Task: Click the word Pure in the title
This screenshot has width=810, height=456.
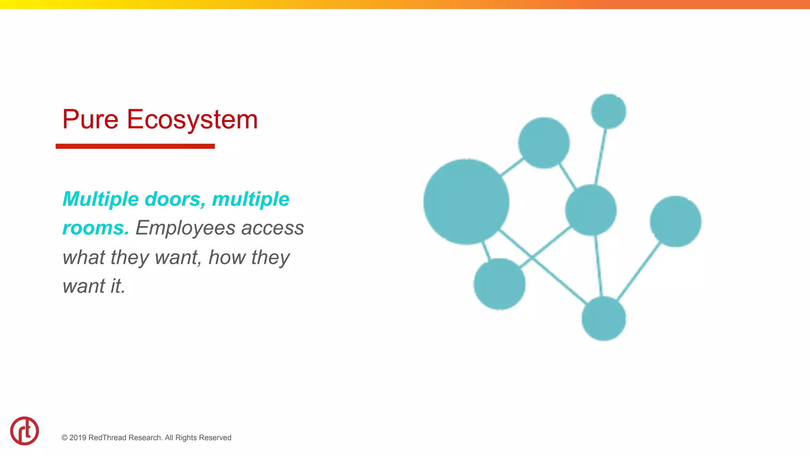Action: pos(90,120)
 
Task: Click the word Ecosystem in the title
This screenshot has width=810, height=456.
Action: pos(192,120)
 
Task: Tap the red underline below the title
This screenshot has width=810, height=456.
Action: pos(135,146)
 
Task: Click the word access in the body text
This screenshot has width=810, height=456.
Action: pos(273,228)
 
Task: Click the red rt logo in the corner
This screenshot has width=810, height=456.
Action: pos(25,431)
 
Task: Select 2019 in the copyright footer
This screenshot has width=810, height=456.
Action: pos(78,438)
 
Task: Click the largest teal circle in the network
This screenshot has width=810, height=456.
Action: pos(466,202)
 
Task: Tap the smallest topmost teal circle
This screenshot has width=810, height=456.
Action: pos(608,111)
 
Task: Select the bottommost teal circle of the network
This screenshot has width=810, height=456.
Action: pos(604,319)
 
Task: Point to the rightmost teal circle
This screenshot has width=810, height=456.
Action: pos(676,221)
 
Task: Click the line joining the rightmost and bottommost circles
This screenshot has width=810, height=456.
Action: pos(639,272)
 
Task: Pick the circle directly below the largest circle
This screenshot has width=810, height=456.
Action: pos(499,284)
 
